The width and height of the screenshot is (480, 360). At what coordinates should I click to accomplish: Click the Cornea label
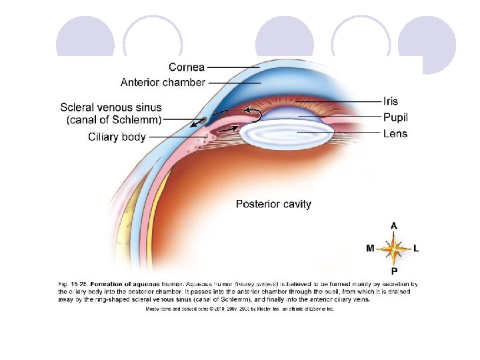point(186,67)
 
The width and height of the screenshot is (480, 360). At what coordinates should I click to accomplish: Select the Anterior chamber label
point(163,83)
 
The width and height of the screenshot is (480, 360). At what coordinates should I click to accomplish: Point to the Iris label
point(391,101)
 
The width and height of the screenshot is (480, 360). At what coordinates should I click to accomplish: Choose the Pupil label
point(395,117)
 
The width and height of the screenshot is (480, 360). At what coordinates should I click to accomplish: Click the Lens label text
point(395,133)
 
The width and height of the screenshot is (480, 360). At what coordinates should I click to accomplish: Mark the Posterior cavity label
point(273,204)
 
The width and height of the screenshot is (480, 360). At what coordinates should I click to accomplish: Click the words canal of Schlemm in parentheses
point(114,120)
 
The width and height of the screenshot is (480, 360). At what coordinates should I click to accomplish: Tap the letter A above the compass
point(394,226)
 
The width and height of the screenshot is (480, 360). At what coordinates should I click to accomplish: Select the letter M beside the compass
point(370,248)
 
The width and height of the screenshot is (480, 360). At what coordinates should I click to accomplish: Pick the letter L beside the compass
point(417,248)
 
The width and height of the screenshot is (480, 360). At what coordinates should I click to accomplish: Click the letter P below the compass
point(394,271)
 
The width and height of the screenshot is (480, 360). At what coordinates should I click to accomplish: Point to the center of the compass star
point(394,249)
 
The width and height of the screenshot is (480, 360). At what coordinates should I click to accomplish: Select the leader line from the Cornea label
point(233,67)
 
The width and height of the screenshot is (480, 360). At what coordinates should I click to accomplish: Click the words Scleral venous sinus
point(111,107)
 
